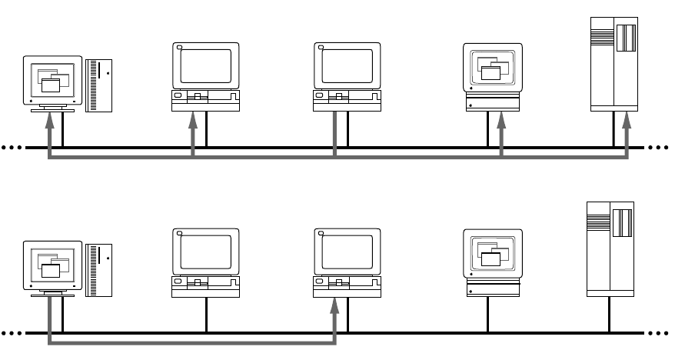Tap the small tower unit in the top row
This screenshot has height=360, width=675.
[x=99, y=84]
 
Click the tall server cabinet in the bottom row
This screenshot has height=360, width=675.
[x=610, y=248]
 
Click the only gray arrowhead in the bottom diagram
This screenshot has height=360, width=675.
[x=334, y=305]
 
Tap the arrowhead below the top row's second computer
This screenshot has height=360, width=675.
[x=192, y=119]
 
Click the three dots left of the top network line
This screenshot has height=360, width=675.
[x=12, y=147]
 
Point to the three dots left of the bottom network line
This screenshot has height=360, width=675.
[x=12, y=334]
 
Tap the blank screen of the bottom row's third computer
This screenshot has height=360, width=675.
[x=347, y=252]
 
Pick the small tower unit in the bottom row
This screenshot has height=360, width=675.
[x=99, y=270]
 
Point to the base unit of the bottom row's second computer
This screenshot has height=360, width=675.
[x=205, y=285]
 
